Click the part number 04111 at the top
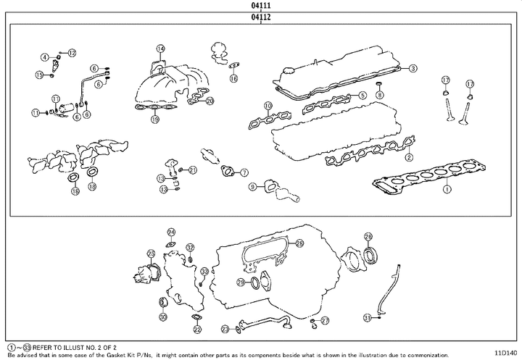coord(262,5)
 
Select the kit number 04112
coord(262,17)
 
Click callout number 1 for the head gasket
coord(447,189)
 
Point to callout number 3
coord(412,69)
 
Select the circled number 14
coord(160,49)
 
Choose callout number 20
coord(210,101)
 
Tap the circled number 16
coord(233,78)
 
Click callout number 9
coord(252,186)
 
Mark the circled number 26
coord(368,236)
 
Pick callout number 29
coord(300,243)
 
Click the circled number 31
coord(368,317)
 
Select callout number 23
coord(225,329)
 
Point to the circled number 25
coord(151,254)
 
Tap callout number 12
coord(72,52)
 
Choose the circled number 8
coord(378,96)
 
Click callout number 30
coord(163,317)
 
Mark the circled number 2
coord(409,157)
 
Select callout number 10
coord(268,106)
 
